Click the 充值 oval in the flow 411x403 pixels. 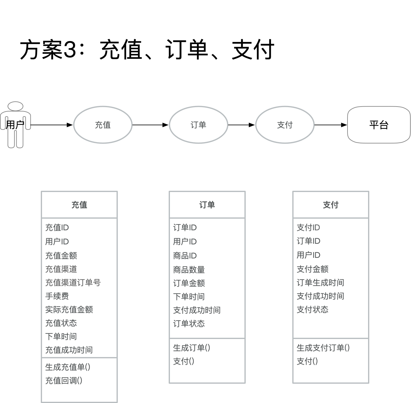tap(103, 125)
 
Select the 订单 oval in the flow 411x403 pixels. tap(198, 125)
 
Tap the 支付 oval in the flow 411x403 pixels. tap(285, 125)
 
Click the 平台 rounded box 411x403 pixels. tap(379, 125)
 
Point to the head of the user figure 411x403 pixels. tap(15, 106)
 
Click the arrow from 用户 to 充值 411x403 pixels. tap(52, 125)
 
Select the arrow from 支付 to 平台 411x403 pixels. tap(331, 125)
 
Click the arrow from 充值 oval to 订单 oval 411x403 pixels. tap(150, 125)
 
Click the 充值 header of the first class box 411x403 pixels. tap(79, 205)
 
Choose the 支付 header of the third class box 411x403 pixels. tap(331, 205)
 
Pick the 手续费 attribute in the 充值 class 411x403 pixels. tap(57, 296)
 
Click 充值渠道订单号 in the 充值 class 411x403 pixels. tap(73, 283)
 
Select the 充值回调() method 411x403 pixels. tap(64, 381)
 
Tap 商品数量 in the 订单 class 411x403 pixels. tap(189, 270)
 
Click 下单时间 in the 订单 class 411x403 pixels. tap(189, 297)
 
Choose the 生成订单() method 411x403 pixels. tap(192, 348)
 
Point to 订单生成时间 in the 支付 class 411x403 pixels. tap(321, 283)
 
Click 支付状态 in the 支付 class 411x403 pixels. tap(313, 310)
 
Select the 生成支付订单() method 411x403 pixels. tap(323, 348)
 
